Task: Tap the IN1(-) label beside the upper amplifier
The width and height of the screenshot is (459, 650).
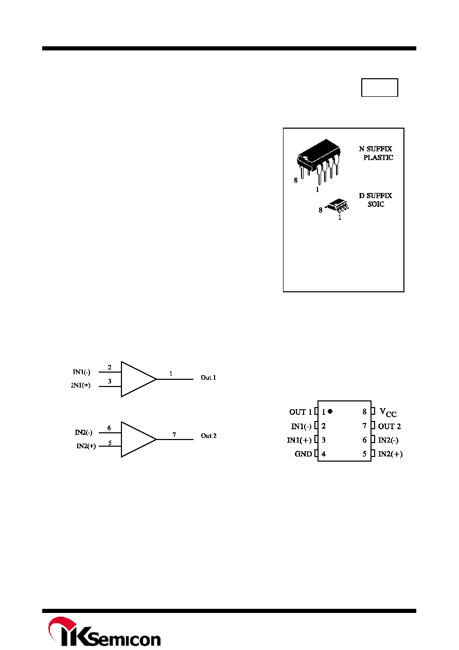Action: [81, 372]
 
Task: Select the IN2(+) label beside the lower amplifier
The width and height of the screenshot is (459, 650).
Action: [86, 446]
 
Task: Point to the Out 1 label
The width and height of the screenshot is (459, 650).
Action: [208, 378]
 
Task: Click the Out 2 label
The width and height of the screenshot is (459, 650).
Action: [208, 436]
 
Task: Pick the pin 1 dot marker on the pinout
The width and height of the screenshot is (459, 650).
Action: [330, 411]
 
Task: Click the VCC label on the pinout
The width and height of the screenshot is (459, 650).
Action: [388, 412]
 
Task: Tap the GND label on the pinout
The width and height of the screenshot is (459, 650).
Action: [303, 454]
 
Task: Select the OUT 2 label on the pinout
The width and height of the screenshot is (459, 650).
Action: [390, 426]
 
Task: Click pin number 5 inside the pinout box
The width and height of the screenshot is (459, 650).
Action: [364, 454]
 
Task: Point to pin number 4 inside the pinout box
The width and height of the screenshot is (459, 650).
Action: [324, 454]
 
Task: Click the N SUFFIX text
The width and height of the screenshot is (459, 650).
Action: [376, 149]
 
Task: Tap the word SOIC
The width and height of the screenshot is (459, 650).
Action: [376, 204]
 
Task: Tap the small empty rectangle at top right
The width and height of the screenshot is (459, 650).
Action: [380, 87]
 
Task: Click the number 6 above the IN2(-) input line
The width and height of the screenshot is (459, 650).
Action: [109, 428]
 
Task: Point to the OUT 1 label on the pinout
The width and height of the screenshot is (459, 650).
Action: [301, 412]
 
